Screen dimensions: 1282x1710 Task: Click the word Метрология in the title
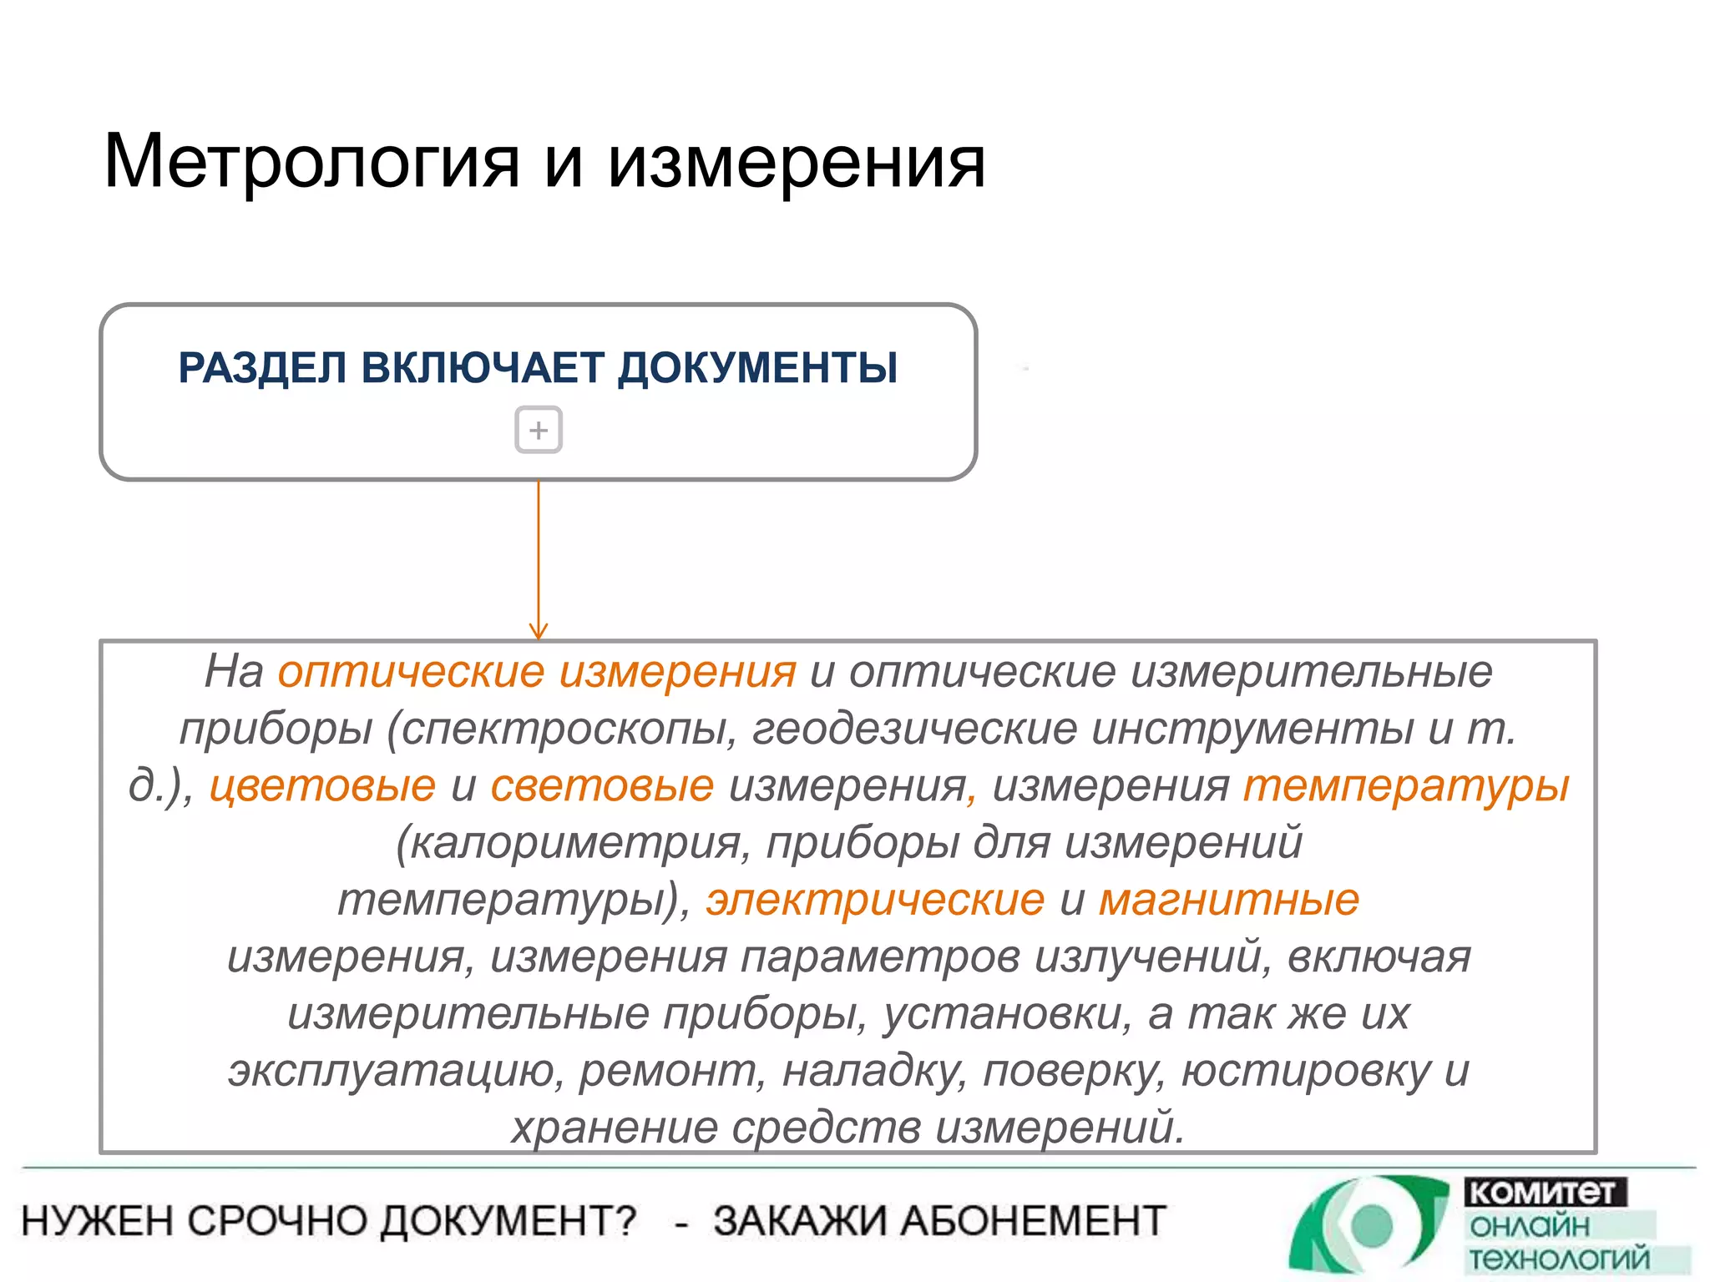coord(311,164)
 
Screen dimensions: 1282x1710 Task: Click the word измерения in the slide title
coord(797,164)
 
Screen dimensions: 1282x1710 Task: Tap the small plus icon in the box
coord(539,430)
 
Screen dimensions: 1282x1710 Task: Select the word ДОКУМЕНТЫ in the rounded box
coord(757,368)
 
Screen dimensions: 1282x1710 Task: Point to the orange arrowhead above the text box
coord(539,631)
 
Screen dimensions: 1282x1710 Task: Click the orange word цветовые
coord(322,786)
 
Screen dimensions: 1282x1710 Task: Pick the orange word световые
coord(602,786)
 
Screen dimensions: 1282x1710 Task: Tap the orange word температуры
coord(1406,786)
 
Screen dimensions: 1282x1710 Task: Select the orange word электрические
coord(875,900)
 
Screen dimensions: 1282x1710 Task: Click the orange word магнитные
coord(1228,900)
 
